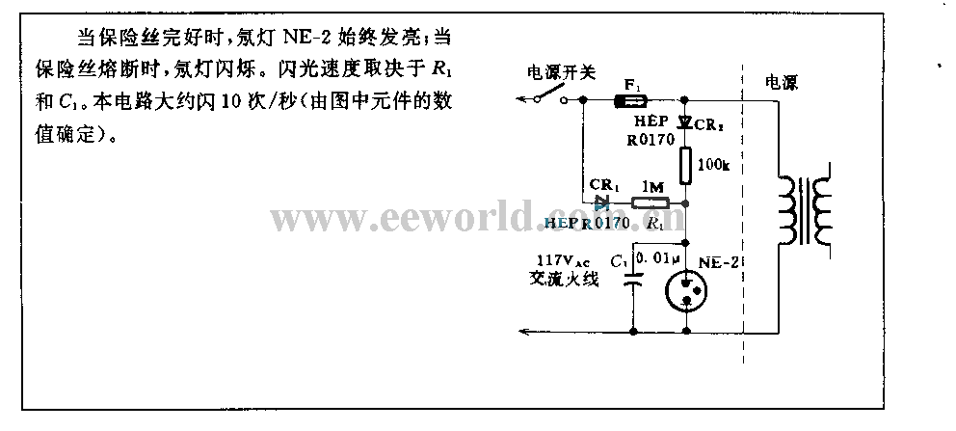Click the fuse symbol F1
tap(632, 99)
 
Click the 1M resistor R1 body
tap(651, 203)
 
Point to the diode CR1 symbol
tap(602, 202)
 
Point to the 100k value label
tap(713, 166)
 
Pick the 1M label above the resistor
tap(651, 187)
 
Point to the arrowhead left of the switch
tap(521, 99)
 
